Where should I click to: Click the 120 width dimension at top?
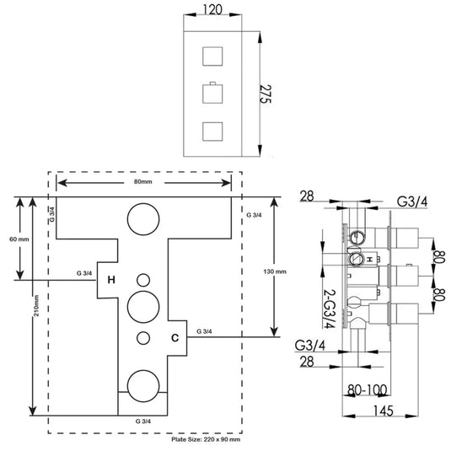coord(212,10)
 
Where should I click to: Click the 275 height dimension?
coord(266,94)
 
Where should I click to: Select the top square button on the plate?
coord(212,56)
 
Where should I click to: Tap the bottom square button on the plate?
coord(212,132)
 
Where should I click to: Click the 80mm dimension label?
coord(143,182)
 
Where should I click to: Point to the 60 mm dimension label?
coord(19,239)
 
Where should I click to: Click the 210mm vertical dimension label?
coord(36,306)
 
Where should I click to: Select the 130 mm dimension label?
coord(275,271)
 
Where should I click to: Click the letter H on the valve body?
coord(111,280)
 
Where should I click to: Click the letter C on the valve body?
coord(174,338)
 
